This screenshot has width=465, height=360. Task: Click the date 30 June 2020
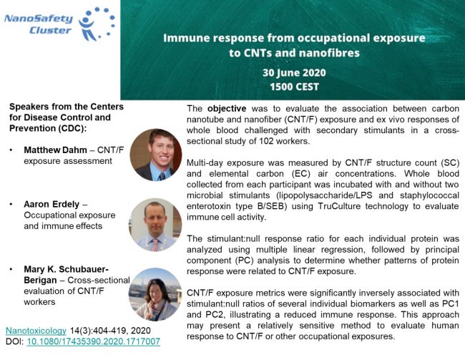(x=294, y=74)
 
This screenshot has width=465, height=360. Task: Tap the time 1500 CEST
(x=294, y=87)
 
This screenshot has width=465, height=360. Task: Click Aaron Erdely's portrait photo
(x=155, y=223)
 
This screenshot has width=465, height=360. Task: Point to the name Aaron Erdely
(x=52, y=204)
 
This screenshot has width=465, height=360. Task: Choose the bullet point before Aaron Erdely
(x=13, y=204)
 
